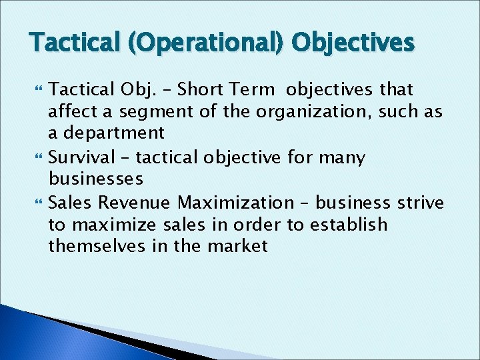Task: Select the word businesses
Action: point(95,179)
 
